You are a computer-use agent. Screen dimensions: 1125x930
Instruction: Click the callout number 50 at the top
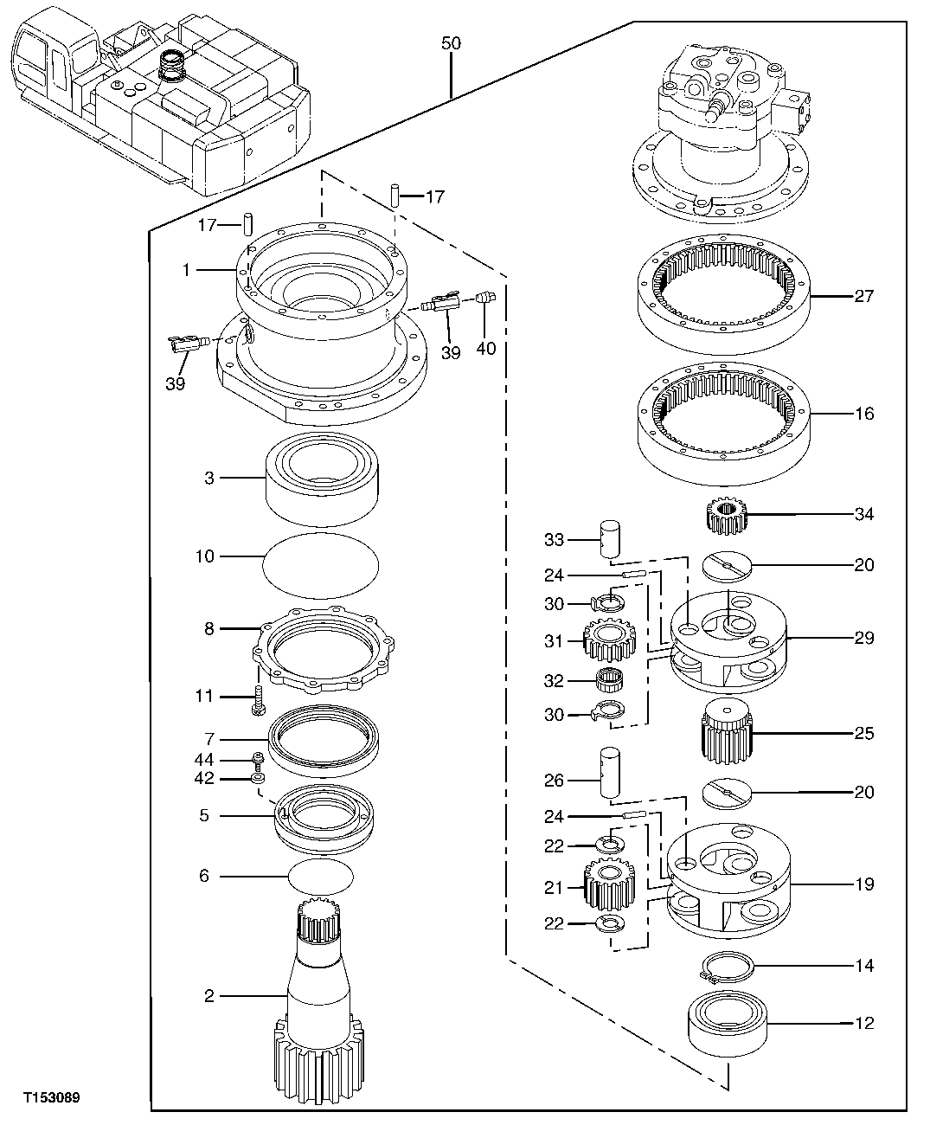[x=451, y=43]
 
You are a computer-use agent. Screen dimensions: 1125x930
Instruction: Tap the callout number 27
[x=863, y=297]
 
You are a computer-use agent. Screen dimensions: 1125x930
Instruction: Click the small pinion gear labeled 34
[x=726, y=517]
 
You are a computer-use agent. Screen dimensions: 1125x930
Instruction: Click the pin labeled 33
[x=612, y=540]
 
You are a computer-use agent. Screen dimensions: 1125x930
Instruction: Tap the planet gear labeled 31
[x=610, y=641]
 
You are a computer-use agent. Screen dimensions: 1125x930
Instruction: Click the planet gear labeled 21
[x=610, y=888]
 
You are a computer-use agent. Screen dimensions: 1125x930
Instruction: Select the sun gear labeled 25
[x=727, y=733]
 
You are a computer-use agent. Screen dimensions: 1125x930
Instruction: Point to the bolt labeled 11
[x=258, y=697]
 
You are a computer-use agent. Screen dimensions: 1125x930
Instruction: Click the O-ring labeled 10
[x=320, y=563]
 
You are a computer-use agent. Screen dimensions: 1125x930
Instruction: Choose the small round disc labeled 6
[x=320, y=877]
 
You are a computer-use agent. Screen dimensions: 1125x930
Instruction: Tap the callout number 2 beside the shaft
[x=208, y=997]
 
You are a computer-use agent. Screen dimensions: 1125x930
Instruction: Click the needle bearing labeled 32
[x=611, y=680]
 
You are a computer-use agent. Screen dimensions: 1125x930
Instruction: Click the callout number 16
[x=863, y=414]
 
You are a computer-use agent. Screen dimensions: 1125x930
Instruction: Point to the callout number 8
[x=208, y=629]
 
